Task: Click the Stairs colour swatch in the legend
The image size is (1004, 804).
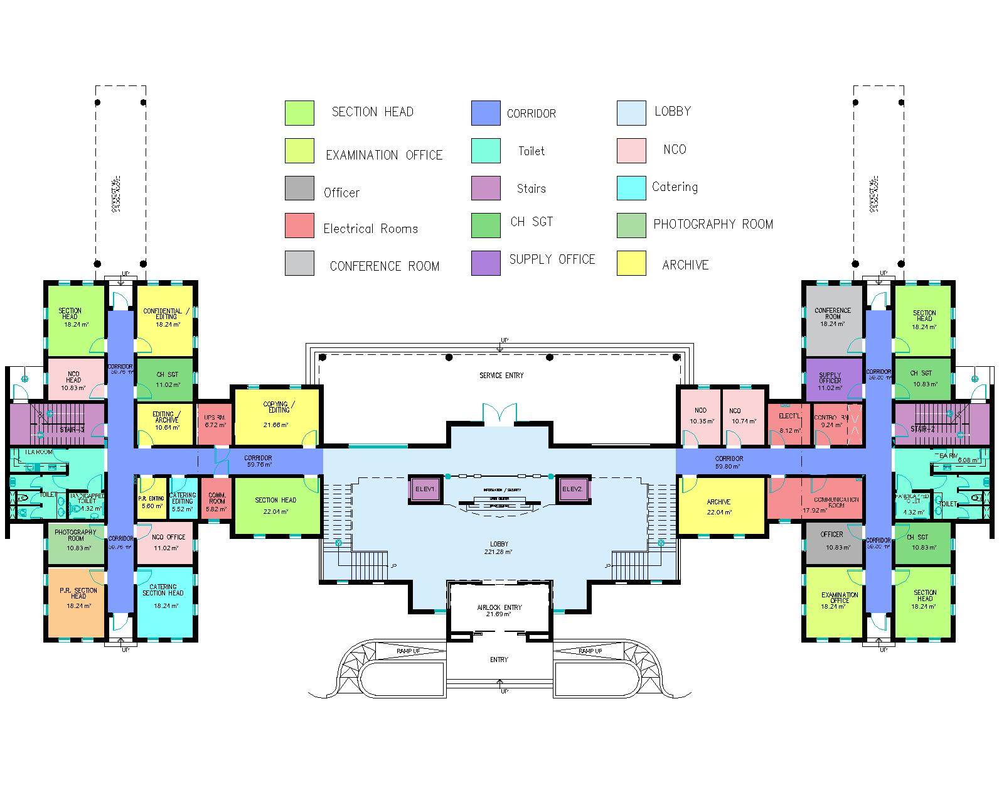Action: click(486, 188)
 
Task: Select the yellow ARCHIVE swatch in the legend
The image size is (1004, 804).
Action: click(631, 263)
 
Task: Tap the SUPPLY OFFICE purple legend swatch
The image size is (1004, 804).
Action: click(486, 263)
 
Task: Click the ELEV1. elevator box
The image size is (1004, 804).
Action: click(425, 488)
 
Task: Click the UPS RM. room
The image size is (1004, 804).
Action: click(215, 421)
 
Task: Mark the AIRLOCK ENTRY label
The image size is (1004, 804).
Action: click(499, 610)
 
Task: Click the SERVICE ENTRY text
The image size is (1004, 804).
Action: click(501, 376)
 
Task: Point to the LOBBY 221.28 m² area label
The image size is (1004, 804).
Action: click(499, 547)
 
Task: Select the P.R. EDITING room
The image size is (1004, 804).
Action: click(151, 501)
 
